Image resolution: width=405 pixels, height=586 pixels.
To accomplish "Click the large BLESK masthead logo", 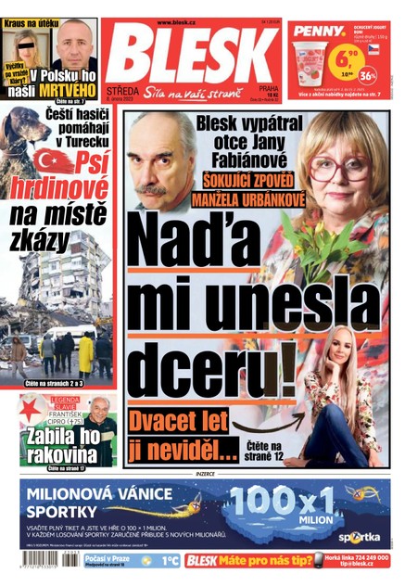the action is click(190, 56).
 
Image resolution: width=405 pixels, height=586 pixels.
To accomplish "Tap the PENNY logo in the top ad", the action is click(318, 31).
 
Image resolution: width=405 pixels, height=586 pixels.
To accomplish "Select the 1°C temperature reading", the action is click(170, 561).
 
